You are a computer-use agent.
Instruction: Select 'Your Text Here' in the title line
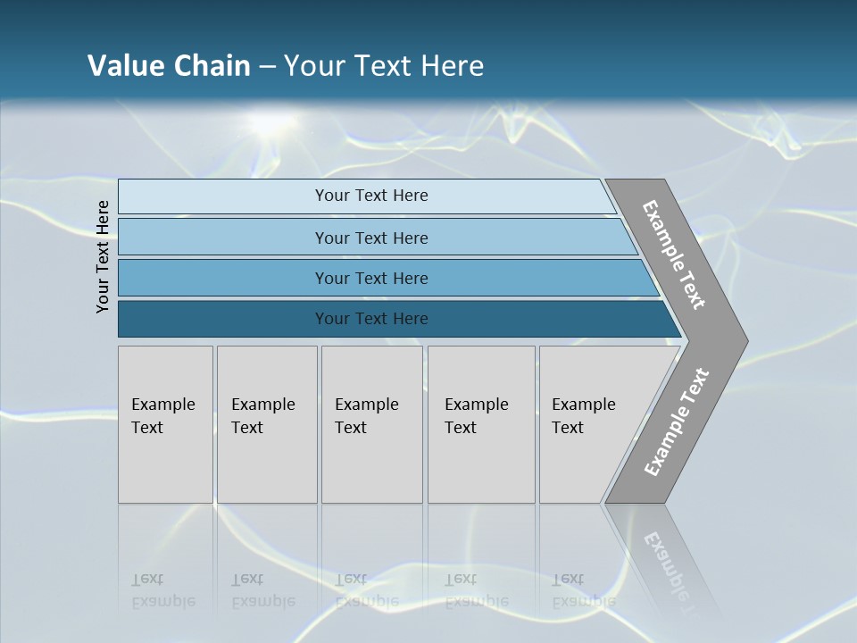click(x=384, y=66)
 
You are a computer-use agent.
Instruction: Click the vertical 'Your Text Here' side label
click(x=103, y=256)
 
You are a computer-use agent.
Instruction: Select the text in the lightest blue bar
click(x=371, y=196)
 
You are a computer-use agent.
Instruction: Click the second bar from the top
click(x=371, y=238)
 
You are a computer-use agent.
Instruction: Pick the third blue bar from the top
click(x=371, y=279)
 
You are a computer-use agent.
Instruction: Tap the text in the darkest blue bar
click(x=371, y=319)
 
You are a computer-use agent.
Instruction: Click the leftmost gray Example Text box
click(x=165, y=423)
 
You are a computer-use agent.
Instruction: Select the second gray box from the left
click(x=266, y=423)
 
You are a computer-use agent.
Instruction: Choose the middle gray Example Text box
click(x=371, y=423)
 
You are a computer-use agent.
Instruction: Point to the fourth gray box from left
click(x=480, y=423)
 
